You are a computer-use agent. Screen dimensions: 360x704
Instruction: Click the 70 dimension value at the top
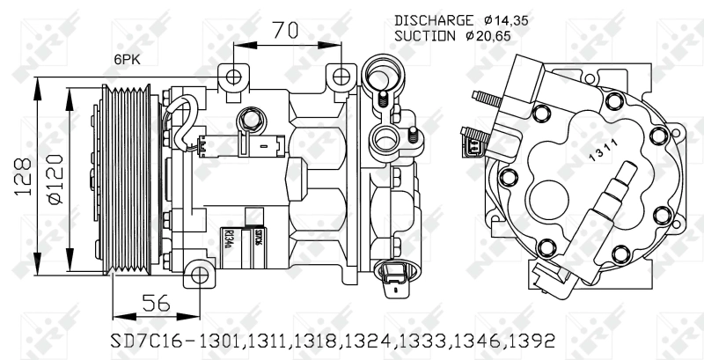click(x=282, y=31)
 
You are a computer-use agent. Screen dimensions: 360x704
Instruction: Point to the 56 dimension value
click(x=156, y=302)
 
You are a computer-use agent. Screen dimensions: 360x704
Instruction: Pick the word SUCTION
click(x=425, y=36)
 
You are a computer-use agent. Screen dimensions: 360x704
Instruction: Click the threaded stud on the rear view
click(x=487, y=98)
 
